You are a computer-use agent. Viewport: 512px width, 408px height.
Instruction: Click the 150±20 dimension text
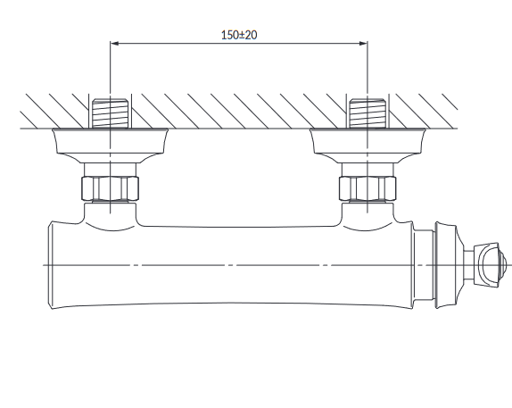pos(239,35)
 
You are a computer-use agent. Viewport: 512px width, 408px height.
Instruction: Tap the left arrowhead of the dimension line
pos(114,43)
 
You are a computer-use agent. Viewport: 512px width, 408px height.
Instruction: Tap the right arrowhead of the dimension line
pos(363,43)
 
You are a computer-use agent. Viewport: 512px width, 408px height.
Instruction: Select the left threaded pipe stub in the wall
pos(110,113)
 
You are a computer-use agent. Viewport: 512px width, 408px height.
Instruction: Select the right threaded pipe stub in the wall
pos(367,113)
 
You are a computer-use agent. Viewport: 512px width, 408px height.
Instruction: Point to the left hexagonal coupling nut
pos(110,188)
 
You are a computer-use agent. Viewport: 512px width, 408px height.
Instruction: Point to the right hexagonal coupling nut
pos(367,188)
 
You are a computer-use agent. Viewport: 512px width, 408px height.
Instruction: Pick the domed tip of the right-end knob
pos(503,265)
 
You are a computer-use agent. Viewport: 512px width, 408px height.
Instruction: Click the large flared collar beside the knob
pos(447,265)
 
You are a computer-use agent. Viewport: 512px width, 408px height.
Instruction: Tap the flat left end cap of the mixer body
pos(51,265)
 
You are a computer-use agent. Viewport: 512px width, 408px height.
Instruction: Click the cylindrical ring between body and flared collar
pos(424,265)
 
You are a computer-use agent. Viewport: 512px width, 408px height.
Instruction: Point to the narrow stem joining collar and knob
pos(469,265)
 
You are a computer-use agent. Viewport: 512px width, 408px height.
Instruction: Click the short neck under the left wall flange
pos(110,170)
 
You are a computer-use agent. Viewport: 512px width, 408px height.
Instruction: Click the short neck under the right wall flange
pos(367,170)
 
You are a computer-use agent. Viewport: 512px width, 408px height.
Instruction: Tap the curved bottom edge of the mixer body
pos(232,303)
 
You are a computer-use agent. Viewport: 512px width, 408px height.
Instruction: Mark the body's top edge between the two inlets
pos(239,227)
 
